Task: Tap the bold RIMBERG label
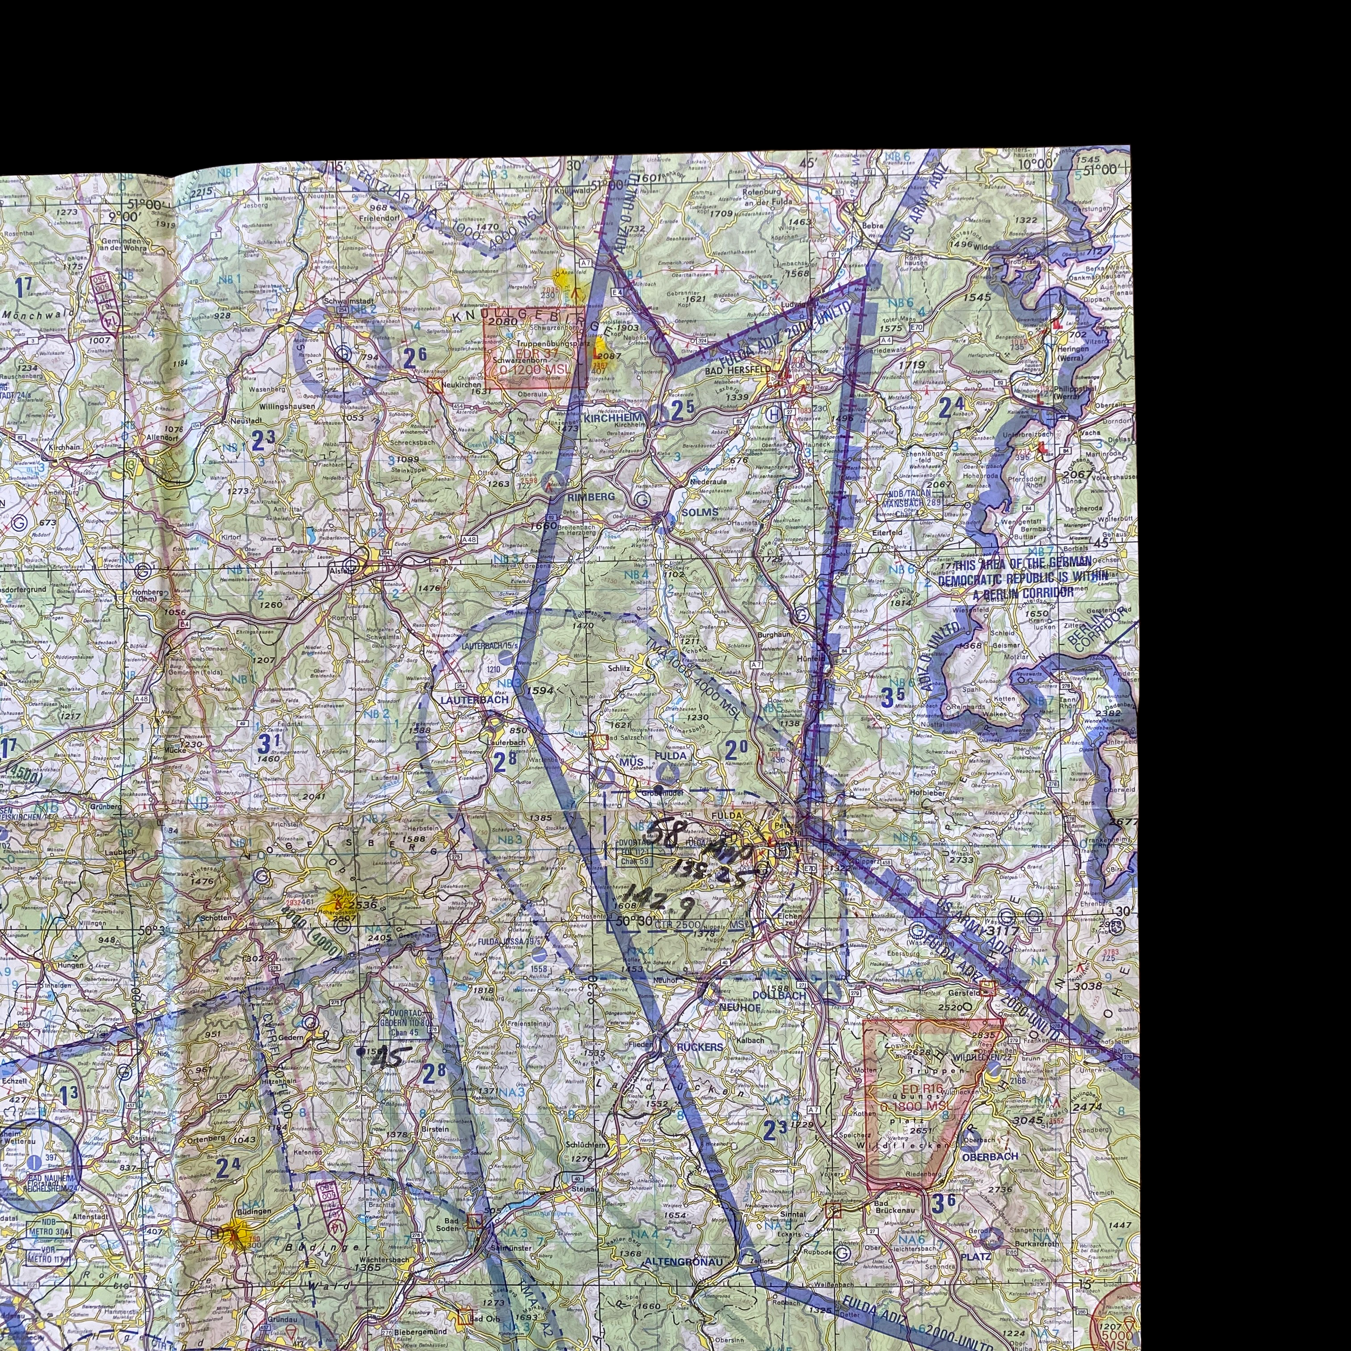(x=591, y=497)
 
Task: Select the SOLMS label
(x=699, y=512)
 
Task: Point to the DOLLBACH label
(x=779, y=994)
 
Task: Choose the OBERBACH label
(x=989, y=1156)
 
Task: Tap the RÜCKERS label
(x=700, y=1047)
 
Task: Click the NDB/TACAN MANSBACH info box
(x=908, y=497)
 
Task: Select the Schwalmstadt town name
(x=350, y=302)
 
